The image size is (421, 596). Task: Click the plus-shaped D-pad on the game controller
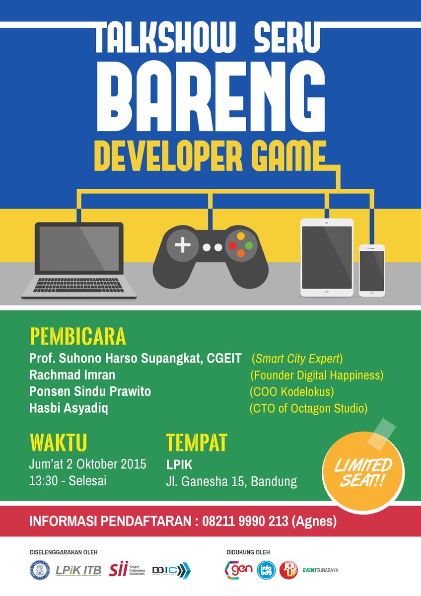pos(182,245)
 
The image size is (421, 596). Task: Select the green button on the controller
pos(249,245)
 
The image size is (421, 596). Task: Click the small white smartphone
pos(372,270)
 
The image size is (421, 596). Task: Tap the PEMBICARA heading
pos(78,336)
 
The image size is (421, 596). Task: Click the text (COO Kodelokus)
pos(291,392)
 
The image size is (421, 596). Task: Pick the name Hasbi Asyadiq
pos(69,409)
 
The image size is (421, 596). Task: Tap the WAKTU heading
pos(59,442)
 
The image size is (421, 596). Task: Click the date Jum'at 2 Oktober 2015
pos(88,464)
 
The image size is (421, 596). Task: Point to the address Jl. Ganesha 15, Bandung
pos(231,481)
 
